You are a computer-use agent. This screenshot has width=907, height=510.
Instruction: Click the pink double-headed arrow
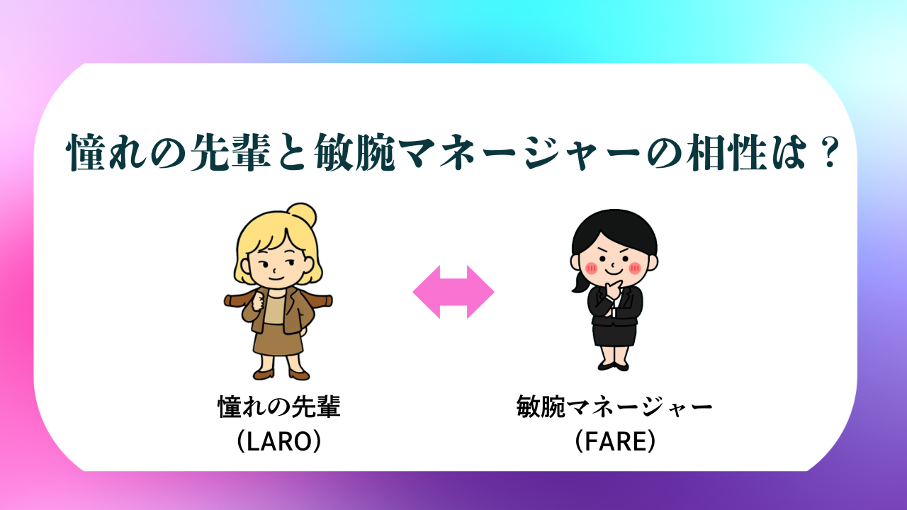click(x=453, y=292)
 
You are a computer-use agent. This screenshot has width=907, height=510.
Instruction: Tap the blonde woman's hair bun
click(x=302, y=215)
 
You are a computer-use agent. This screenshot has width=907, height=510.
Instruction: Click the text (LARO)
click(x=279, y=441)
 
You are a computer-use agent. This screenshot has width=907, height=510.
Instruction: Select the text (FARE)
click(x=614, y=441)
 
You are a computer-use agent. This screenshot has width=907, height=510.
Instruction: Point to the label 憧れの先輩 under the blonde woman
click(x=279, y=407)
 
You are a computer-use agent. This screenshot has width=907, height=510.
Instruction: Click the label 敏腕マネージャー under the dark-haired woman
click(x=614, y=407)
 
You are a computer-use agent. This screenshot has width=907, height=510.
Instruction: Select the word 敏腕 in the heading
click(x=355, y=152)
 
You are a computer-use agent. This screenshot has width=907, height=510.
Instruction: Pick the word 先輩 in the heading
click(x=230, y=152)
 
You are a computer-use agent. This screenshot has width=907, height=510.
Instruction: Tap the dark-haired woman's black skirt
click(x=614, y=334)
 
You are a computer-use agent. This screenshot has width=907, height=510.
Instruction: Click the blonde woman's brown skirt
click(x=278, y=340)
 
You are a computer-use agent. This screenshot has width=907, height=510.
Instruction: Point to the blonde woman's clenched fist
click(x=258, y=302)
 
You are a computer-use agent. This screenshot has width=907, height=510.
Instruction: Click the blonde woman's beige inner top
click(x=274, y=310)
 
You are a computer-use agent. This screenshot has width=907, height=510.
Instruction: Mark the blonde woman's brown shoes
click(x=281, y=375)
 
